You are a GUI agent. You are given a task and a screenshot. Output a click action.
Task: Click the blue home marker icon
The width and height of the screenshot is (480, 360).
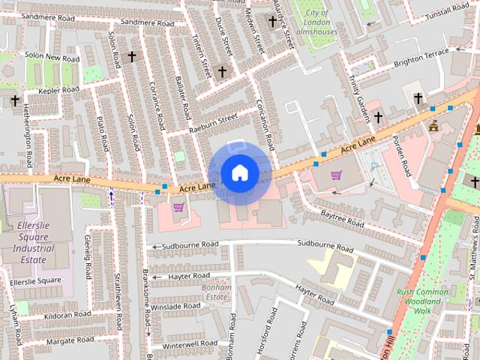pos(238,172)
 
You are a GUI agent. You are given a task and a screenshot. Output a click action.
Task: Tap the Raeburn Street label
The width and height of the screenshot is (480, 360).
pos(213,121)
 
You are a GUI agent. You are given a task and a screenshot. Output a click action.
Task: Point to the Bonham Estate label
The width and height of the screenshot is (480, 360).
pos(214,292)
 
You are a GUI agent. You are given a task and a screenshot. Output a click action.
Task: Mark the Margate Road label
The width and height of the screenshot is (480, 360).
pos(69,340)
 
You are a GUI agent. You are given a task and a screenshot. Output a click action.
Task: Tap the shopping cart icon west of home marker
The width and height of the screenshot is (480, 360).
pos(178,208)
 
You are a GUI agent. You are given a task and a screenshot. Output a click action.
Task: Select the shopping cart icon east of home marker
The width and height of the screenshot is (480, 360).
pos(337,175)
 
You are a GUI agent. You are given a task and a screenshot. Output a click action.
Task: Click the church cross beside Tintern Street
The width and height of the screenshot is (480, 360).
pos(222,72)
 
